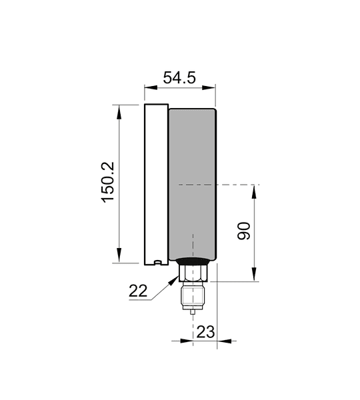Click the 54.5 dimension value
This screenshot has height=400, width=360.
click(x=179, y=78)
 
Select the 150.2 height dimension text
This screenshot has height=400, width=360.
click(x=108, y=183)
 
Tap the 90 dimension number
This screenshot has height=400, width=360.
click(x=243, y=231)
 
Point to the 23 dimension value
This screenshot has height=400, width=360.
click(x=205, y=332)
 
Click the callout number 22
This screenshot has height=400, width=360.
click(x=138, y=291)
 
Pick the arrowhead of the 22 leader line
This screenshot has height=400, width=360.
click(x=174, y=280)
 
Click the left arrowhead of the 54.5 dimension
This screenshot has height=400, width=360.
click(x=151, y=87)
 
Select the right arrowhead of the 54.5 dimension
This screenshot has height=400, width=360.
click(x=209, y=87)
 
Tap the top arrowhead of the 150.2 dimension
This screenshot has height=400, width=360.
click(x=119, y=112)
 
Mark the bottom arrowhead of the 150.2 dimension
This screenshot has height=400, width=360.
click(x=119, y=256)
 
